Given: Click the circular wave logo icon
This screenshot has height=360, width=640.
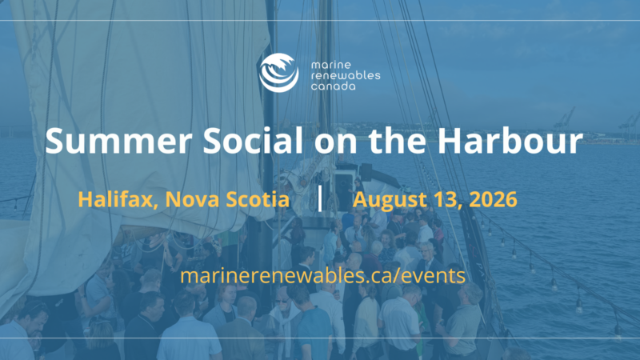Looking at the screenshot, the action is [278, 73].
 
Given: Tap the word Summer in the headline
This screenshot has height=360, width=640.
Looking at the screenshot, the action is [118, 141].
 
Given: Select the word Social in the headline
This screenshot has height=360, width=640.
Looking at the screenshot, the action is [253, 141].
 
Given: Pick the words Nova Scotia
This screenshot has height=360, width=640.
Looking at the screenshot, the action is [227, 199].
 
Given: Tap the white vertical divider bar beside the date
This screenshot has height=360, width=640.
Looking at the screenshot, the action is [320, 198].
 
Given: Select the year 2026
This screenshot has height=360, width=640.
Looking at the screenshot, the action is [493, 199].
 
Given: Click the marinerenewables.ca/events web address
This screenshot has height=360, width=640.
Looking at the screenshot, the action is [323, 275].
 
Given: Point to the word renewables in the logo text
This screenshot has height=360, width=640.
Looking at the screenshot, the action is [346, 75].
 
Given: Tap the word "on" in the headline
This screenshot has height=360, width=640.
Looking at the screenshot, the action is [335, 143].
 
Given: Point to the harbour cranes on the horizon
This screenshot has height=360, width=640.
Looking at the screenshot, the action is [595, 123].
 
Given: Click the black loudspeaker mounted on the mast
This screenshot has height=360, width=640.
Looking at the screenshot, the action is [366, 172].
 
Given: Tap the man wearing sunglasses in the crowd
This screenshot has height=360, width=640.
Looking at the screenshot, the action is [283, 311].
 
